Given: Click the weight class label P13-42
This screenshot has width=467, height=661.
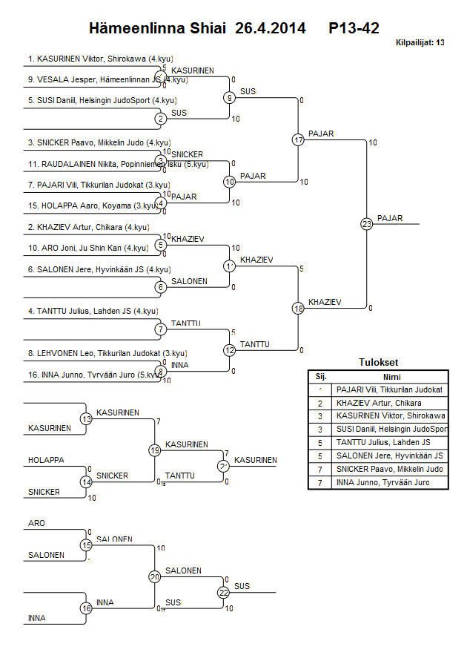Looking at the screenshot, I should pos(354,29).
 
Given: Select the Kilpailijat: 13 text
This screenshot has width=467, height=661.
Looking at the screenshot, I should pos(420,43).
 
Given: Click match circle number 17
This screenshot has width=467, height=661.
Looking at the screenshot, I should pos(299,139).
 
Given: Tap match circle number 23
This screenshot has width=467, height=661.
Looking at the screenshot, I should pos(366,223).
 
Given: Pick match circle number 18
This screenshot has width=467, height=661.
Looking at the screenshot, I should pos(299,308).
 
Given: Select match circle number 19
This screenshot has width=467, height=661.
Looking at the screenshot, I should pos(154,450).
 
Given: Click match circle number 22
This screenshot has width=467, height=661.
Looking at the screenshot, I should pos(223,592).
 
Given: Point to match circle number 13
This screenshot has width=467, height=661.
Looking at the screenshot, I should pos(86,419).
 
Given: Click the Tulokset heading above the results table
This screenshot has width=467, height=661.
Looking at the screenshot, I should pos(378,363).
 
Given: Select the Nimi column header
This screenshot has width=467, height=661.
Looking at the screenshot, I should pos(391,376).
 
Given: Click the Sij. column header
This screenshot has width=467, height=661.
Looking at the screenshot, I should pos(321,376).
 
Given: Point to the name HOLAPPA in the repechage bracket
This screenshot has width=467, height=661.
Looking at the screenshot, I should pos(46,460).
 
